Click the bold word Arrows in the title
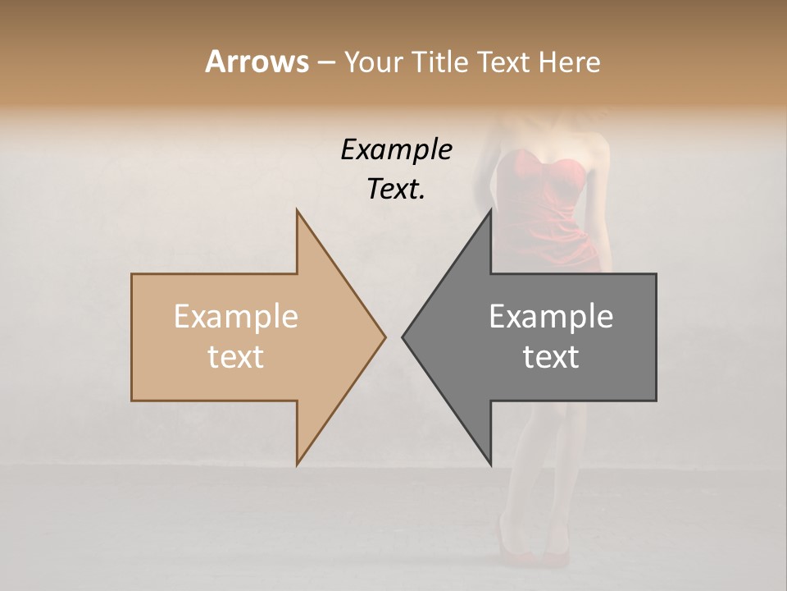(x=257, y=62)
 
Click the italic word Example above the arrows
(x=396, y=150)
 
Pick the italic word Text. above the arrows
(x=396, y=189)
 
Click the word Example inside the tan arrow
(x=235, y=317)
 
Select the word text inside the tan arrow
(x=235, y=357)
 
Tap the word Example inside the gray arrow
(x=551, y=317)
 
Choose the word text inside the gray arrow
(x=551, y=357)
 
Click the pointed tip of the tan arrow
(x=385, y=337)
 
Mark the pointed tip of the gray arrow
(x=403, y=337)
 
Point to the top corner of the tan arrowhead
(x=297, y=211)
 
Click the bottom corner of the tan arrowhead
(x=297, y=465)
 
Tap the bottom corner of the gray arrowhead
(x=491, y=465)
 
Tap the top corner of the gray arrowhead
(x=491, y=211)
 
